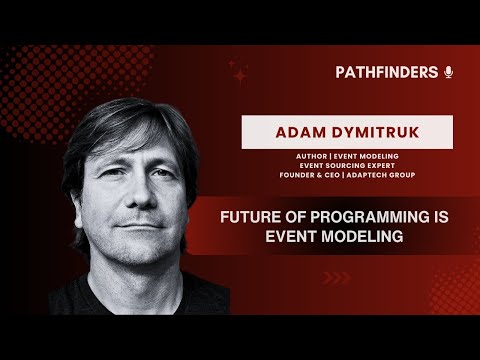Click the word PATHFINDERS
click(x=386, y=72)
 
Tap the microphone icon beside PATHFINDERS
click(x=448, y=72)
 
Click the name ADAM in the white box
click(x=292, y=131)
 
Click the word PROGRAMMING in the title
click(x=355, y=215)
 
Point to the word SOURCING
click(x=335, y=166)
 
